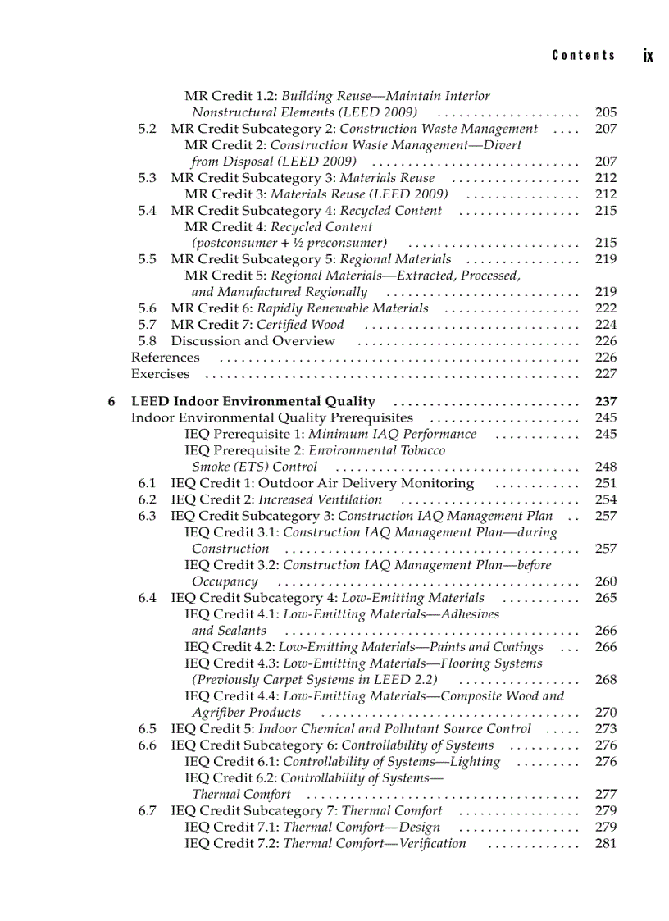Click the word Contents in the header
click(583, 55)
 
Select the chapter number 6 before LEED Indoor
click(111, 402)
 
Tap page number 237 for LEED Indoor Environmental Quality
click(605, 402)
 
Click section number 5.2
click(148, 129)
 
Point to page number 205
click(605, 112)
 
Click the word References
click(165, 358)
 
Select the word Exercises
click(160, 374)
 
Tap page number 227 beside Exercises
click(605, 374)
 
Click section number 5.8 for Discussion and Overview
click(148, 341)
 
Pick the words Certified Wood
click(300, 325)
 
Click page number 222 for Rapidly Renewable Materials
click(605, 308)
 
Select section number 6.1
click(148, 483)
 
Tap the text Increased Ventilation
click(320, 499)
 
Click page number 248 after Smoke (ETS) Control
click(605, 467)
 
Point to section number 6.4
click(148, 598)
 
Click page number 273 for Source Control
click(605, 729)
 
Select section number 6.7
click(148, 811)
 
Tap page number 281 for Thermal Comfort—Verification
click(605, 843)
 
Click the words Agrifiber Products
click(246, 713)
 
